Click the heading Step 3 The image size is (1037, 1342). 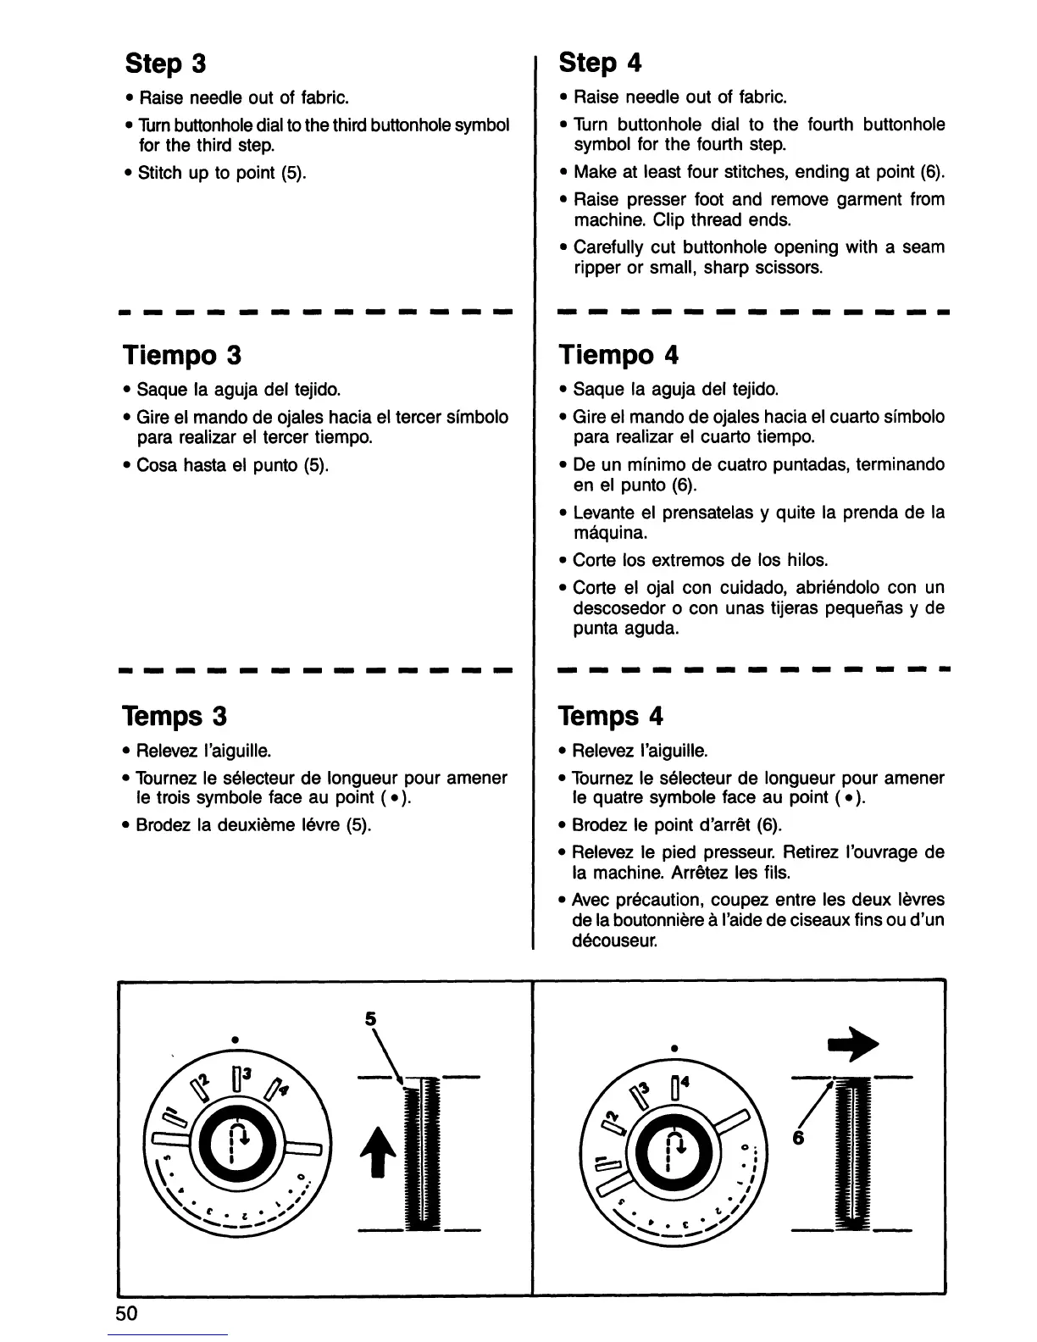(166, 64)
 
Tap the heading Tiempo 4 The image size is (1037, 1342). (618, 354)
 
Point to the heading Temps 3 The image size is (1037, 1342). (175, 717)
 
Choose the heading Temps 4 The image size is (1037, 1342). (610, 717)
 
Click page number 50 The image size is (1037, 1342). (127, 1314)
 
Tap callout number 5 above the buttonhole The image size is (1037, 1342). (369, 1020)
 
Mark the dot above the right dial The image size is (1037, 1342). (674, 1048)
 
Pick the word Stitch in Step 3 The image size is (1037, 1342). (160, 173)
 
